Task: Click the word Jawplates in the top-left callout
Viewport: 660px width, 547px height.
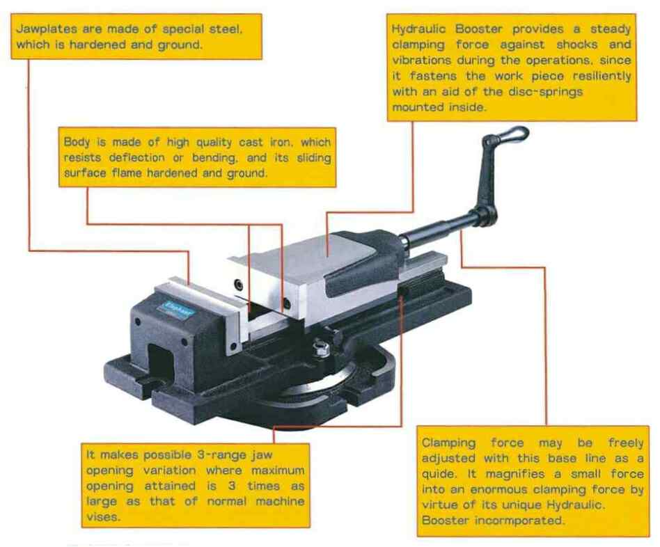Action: pyautogui.click(x=47, y=29)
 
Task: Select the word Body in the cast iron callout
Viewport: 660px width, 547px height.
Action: pyautogui.click(x=77, y=142)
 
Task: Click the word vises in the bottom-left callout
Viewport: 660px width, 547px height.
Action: pyautogui.click(x=103, y=516)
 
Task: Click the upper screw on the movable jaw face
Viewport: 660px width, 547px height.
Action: pyautogui.click(x=239, y=285)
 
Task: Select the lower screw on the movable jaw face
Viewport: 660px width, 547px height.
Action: pyautogui.click(x=287, y=304)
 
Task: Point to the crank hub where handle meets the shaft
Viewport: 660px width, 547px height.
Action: pyautogui.click(x=485, y=216)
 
